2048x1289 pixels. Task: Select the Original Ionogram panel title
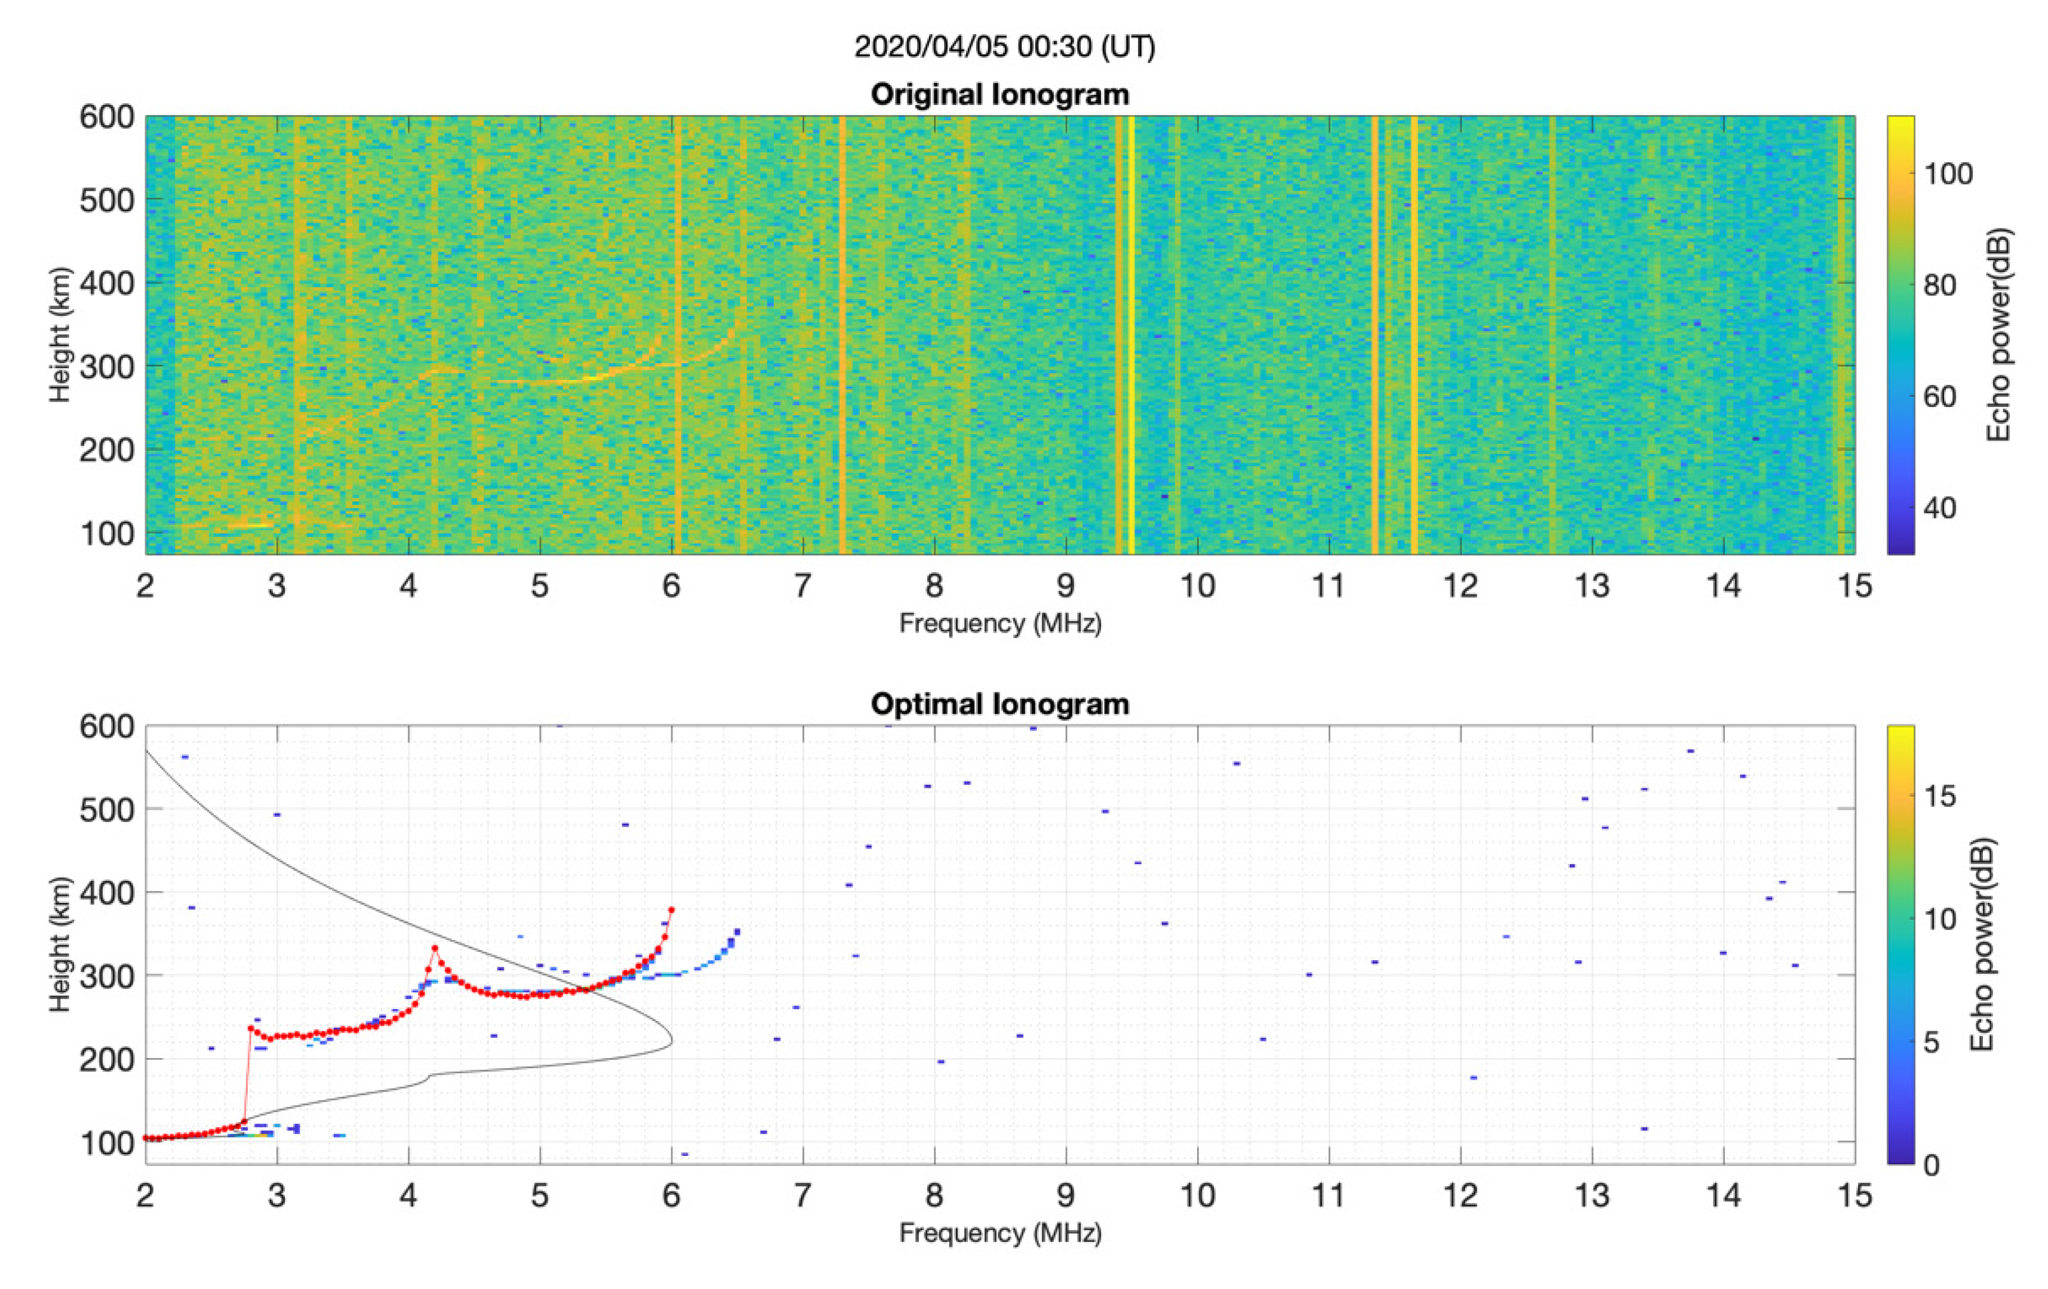click(x=1000, y=94)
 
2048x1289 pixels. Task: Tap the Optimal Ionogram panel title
click(x=1000, y=704)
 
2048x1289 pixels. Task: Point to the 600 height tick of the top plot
click(x=107, y=118)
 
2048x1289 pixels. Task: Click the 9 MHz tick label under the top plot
click(x=1066, y=586)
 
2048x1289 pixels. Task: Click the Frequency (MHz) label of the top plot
click(x=1000, y=624)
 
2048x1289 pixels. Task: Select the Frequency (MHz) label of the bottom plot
click(x=1000, y=1233)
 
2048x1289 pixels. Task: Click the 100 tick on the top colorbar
click(x=1948, y=174)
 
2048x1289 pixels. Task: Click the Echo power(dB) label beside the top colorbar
click(x=1998, y=335)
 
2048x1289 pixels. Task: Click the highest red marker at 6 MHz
click(x=671, y=910)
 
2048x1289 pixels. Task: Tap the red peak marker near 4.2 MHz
click(x=435, y=948)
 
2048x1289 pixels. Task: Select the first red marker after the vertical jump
click(x=251, y=1028)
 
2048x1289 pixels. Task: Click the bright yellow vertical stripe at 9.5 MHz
click(x=1131, y=335)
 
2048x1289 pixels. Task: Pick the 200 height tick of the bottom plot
click(x=107, y=1059)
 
